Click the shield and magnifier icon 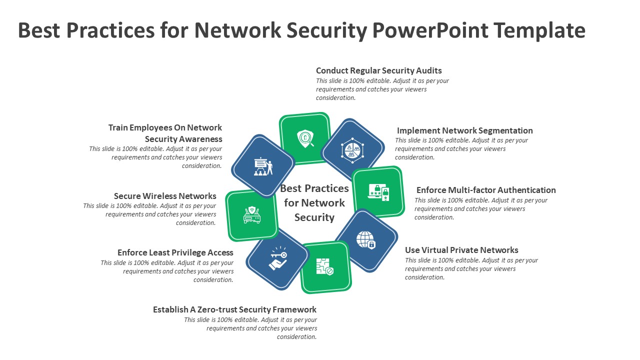[305, 138]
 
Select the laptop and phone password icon [378, 191]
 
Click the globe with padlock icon [366, 240]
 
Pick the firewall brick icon [324, 267]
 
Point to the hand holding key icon [277, 258]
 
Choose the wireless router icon [251, 215]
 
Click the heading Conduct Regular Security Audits [378, 70]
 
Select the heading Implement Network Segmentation [464, 130]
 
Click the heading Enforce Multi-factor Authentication [485, 190]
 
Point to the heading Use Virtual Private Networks [461, 250]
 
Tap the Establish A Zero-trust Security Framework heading [234, 309]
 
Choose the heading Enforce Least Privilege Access [175, 252]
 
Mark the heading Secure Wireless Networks [165, 196]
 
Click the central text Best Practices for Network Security [314, 202]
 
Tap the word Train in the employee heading [121, 127]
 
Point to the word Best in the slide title [39, 30]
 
